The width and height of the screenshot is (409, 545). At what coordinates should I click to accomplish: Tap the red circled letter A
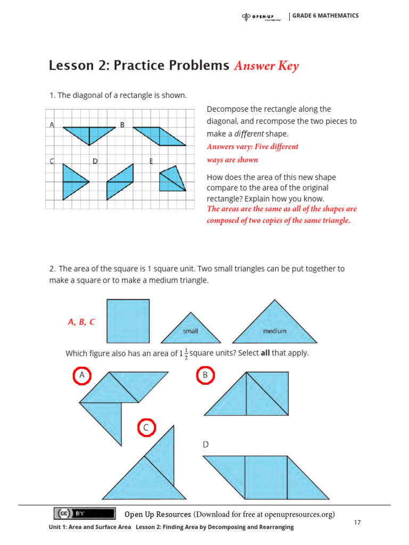pos(82,375)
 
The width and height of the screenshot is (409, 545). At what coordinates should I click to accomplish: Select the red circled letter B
pos(205,375)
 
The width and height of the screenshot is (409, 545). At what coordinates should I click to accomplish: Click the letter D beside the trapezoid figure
pos(206,444)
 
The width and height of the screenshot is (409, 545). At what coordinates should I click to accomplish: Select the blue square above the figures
pos(128,321)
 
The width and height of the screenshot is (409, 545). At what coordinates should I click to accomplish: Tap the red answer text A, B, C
pos(81,322)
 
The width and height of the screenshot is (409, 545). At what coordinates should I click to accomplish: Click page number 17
pos(357,523)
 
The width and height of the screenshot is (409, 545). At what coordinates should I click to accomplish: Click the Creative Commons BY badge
pos(84,513)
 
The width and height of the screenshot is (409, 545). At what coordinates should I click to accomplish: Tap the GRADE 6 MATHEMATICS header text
pos(325,15)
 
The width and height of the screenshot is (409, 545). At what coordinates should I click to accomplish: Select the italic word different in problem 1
pos(249,134)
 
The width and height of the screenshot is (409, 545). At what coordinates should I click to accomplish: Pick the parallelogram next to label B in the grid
pos(159,136)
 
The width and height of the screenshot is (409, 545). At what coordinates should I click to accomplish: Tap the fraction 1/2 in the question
pos(186,354)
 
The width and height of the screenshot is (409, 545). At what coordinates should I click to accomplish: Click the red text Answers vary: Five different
pos(252,146)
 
